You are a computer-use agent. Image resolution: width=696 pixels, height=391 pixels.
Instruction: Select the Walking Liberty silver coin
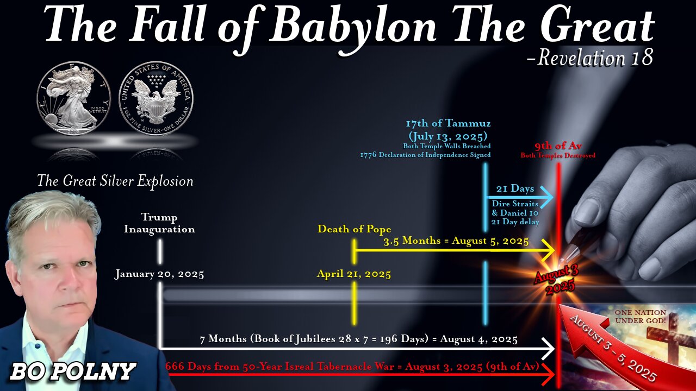[x=73, y=98]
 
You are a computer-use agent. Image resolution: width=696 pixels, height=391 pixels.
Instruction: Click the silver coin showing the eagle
[x=156, y=98]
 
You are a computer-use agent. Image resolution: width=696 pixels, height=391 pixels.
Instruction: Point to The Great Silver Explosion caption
[x=115, y=181]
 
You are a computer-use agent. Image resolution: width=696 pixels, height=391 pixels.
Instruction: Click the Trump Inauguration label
[x=159, y=223]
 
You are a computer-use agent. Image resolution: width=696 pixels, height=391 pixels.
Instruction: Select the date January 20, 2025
[x=159, y=274]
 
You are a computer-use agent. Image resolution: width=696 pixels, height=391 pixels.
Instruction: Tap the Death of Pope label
[x=354, y=229]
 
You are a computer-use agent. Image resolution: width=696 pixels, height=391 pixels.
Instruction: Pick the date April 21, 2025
[x=354, y=274]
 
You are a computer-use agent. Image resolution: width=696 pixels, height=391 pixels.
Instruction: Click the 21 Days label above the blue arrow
[x=515, y=189]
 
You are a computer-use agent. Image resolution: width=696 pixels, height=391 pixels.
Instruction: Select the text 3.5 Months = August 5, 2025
[x=456, y=241]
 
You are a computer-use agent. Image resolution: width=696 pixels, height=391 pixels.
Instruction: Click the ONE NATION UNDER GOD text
[x=640, y=317]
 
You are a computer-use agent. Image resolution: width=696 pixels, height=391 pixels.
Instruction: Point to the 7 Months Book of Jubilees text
[x=358, y=339]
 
